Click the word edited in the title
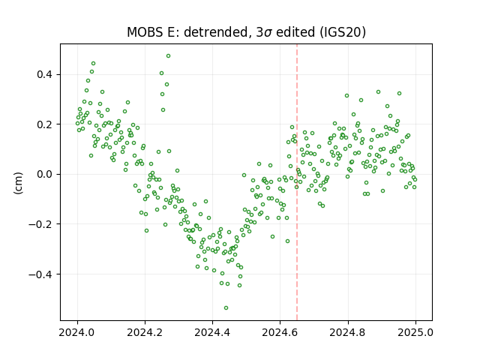pyautogui.click(x=295, y=31)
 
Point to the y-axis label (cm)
pyautogui.click(x=18, y=183)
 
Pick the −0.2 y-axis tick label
pyautogui.click(x=41, y=224)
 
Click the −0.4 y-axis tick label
pyautogui.click(x=41, y=274)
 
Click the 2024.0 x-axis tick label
pyautogui.click(x=77, y=332)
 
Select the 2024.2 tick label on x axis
pyautogui.click(x=145, y=332)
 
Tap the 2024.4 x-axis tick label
pyautogui.click(x=212, y=332)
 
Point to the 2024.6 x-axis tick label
pyautogui.click(x=280, y=332)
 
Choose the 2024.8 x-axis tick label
pyautogui.click(x=348, y=332)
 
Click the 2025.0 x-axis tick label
pyautogui.click(x=415, y=332)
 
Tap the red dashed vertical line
pyautogui.click(x=297, y=182)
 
